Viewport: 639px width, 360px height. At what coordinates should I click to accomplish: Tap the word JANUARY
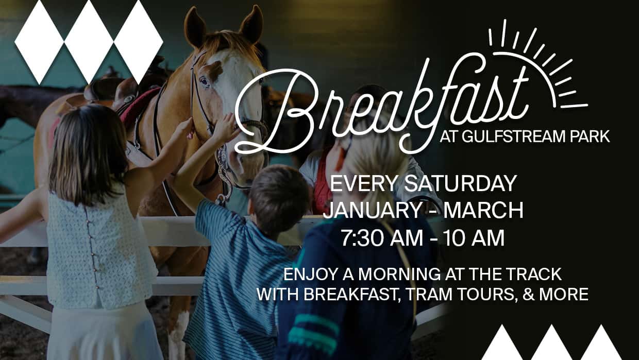coord(372,210)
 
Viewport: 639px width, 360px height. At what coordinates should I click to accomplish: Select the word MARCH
coord(483,210)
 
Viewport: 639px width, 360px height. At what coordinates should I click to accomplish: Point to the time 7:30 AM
coord(382,238)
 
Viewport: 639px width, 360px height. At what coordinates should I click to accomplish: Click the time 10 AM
coord(474,238)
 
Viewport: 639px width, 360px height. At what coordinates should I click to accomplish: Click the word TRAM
coord(428,294)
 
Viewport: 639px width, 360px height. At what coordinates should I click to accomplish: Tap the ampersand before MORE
coord(529,294)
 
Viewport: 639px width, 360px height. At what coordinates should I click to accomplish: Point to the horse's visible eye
coord(204,81)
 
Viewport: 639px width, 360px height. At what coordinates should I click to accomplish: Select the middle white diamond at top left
coord(89,42)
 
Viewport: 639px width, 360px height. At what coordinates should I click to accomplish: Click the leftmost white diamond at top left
coord(39,42)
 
